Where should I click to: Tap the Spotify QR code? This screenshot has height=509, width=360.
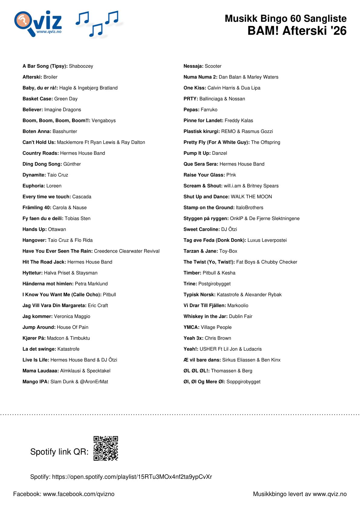point(105,448)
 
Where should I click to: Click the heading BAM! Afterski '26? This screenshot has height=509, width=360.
point(297,31)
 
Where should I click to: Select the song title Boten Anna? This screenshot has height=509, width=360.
point(37,131)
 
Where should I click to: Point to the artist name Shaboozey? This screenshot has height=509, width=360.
point(81,66)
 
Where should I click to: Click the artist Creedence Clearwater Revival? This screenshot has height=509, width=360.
point(127,251)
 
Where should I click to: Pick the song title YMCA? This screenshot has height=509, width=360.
point(191,327)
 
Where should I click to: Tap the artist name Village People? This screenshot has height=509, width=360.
point(216,327)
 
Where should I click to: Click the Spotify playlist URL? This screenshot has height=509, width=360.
point(132,477)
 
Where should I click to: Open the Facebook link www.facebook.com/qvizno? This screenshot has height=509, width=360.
point(79,494)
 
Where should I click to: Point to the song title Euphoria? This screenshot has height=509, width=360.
point(34,186)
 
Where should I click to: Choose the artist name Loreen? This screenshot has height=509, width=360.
point(54,186)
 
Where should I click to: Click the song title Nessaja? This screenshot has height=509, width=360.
point(193,66)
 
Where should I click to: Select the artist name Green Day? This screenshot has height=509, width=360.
point(66,99)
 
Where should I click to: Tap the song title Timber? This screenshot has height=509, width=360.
point(192,273)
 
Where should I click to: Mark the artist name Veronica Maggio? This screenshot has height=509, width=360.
point(72,316)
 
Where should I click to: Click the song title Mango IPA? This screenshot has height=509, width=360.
point(36,382)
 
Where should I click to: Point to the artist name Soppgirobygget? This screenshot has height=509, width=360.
point(243,382)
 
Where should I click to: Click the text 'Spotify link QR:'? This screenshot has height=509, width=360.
point(59,452)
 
